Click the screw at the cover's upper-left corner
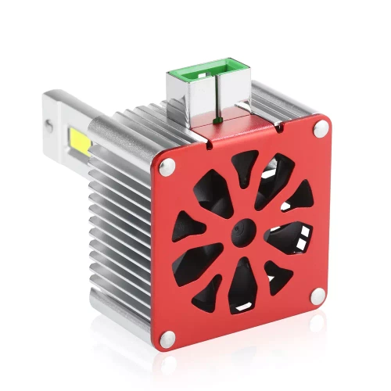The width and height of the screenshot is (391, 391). click(x=167, y=167)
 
